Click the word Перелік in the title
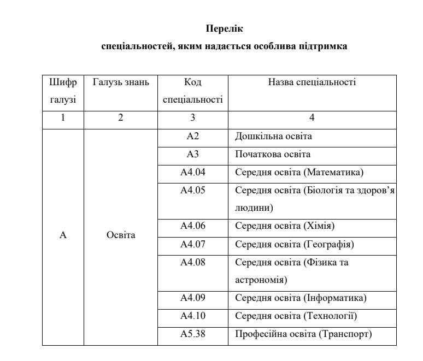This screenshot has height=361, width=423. click(224, 28)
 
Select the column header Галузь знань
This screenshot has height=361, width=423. click(120, 82)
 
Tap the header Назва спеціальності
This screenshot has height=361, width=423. click(312, 82)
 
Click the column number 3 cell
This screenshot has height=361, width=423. click(192, 118)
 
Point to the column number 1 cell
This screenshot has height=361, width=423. click(63, 118)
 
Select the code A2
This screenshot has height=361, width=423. click(192, 137)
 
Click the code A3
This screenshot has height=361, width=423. click(192, 155)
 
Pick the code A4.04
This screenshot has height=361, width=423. click(192, 173)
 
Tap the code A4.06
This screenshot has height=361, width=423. click(192, 226)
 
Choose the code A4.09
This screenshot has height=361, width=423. click(192, 298)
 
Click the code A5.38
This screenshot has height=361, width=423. click(192, 334)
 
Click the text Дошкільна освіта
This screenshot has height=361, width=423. click(273, 137)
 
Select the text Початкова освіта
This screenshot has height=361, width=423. click(273, 155)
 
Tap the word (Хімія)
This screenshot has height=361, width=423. click(318, 226)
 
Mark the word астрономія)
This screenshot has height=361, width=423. click(261, 280)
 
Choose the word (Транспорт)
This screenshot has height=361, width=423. click(345, 334)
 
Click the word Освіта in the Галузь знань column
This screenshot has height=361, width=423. click(120, 235)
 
